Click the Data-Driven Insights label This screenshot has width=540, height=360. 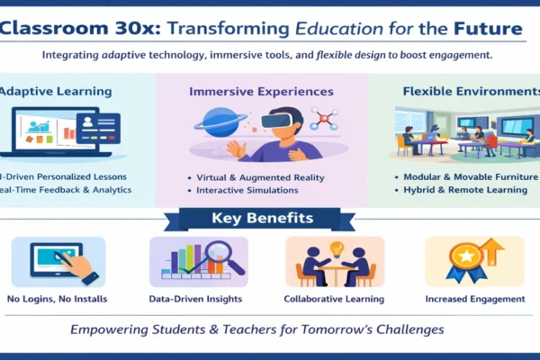pos(198,299)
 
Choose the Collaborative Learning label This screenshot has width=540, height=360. pos(334,299)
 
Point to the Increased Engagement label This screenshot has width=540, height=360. pos(475,299)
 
